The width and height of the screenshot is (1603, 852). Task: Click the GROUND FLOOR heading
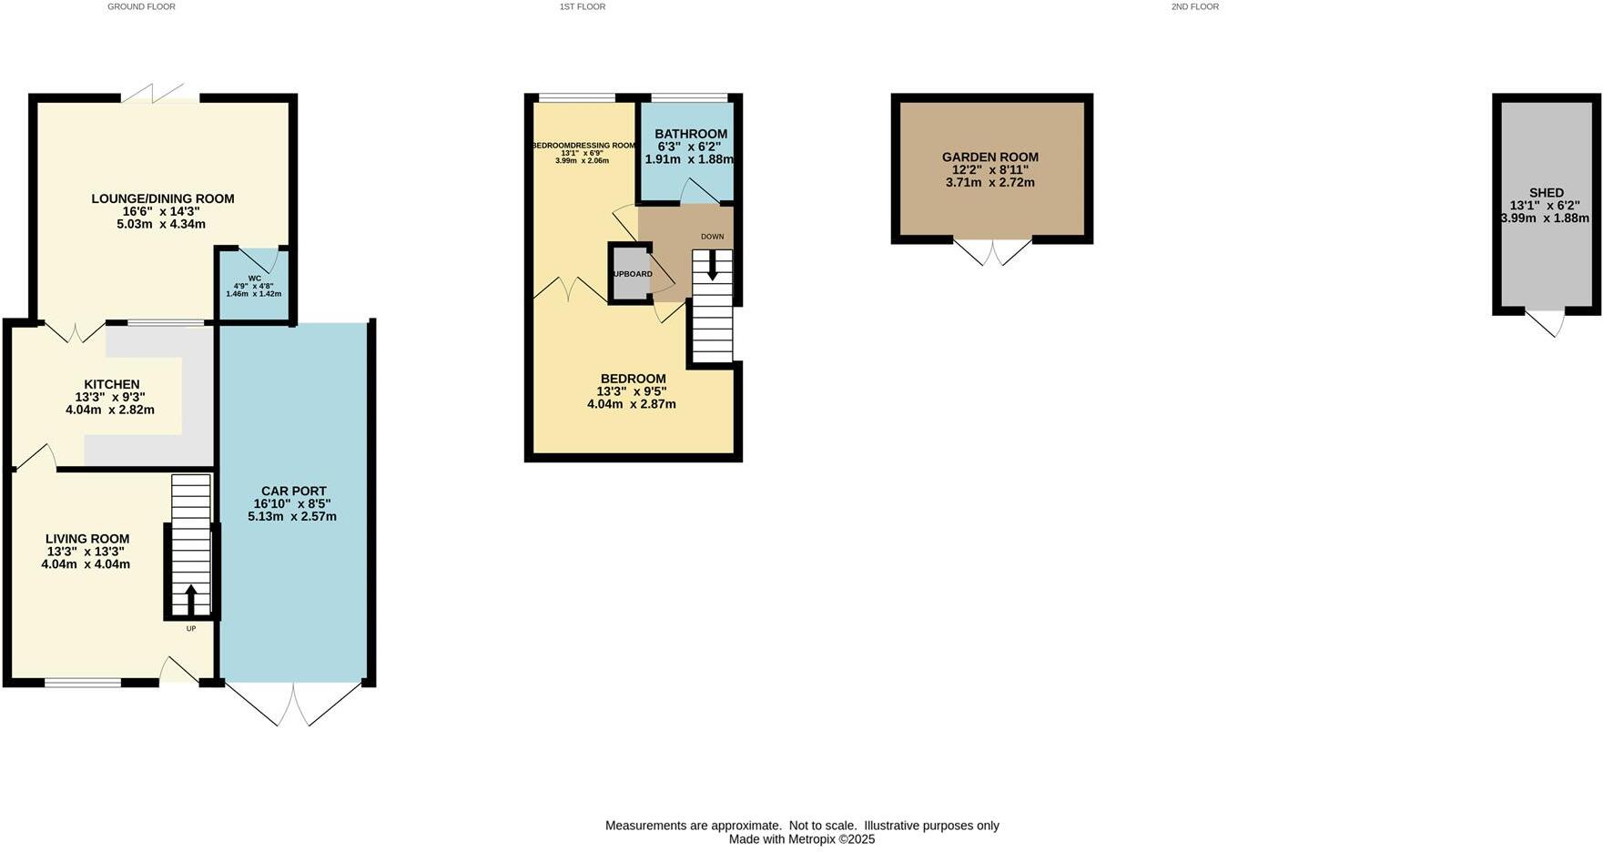(141, 6)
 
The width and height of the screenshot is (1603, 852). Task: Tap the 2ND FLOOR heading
(1194, 6)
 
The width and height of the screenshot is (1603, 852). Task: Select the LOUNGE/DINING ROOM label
(162, 198)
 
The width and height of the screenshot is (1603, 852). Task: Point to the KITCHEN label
(111, 384)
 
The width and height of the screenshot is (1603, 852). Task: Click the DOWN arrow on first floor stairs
(712, 267)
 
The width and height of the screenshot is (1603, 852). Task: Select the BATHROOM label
(691, 134)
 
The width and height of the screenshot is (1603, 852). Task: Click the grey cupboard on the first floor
(630, 273)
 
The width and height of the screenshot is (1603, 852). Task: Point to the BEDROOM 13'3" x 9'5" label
(633, 379)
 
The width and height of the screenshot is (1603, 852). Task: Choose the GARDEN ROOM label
(990, 157)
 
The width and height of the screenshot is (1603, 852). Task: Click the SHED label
(1547, 192)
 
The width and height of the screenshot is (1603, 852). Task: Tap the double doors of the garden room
(992, 252)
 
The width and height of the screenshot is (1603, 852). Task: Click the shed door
(1546, 322)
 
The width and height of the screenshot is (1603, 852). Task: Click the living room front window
(83, 682)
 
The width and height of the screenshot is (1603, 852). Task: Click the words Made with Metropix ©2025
(801, 839)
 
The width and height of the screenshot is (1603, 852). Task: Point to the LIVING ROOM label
(87, 539)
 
